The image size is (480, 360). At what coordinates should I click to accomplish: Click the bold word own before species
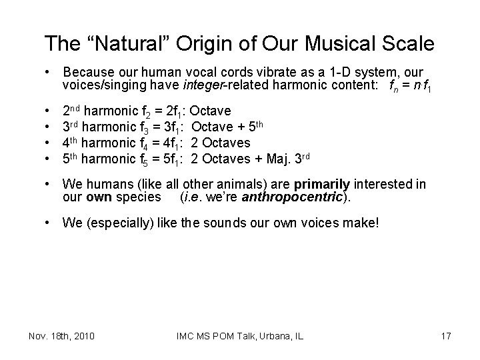(x=95, y=197)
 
